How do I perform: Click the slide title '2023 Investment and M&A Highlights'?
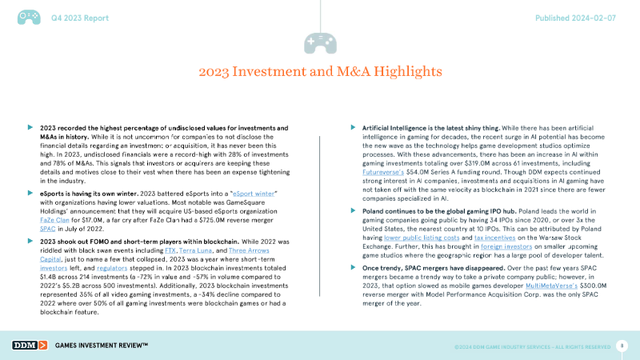[x=320, y=73]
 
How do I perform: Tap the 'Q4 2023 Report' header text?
[x=77, y=17]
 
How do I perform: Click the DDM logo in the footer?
[x=30, y=345]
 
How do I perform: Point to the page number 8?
[x=622, y=345]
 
